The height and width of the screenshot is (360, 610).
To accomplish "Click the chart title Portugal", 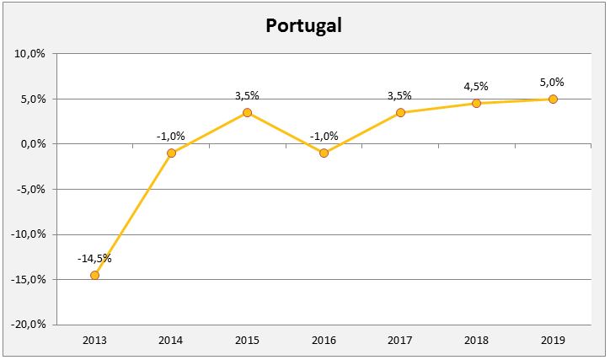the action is click(304, 25).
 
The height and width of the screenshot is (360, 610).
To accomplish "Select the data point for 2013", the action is click(94, 275).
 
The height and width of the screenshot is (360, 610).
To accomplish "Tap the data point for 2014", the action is click(171, 153).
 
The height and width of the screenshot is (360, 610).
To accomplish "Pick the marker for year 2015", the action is click(247, 112).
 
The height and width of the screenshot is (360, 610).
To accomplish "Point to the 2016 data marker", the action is click(324, 153).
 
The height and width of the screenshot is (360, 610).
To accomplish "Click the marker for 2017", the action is click(400, 112).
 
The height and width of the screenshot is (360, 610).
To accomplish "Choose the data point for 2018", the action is click(476, 103).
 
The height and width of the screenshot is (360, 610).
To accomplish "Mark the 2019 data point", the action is click(553, 99).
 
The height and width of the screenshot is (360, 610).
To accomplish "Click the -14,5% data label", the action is click(94, 259).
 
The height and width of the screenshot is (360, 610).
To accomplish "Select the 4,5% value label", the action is click(476, 86).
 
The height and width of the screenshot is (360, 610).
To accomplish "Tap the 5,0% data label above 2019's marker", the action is click(552, 82).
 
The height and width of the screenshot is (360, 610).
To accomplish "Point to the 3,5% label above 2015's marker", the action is click(247, 96).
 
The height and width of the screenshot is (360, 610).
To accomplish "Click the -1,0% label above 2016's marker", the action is click(324, 137).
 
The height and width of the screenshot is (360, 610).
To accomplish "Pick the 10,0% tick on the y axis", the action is click(30, 54).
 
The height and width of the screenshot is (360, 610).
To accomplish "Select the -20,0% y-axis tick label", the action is click(28, 325).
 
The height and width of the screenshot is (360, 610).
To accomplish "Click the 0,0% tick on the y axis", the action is click(33, 144).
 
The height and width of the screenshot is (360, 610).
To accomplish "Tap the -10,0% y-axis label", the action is click(28, 234).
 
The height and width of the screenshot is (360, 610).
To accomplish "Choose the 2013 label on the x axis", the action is click(94, 340).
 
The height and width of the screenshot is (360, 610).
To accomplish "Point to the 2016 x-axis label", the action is click(324, 340).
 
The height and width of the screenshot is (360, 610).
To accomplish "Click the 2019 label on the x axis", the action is click(553, 340).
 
